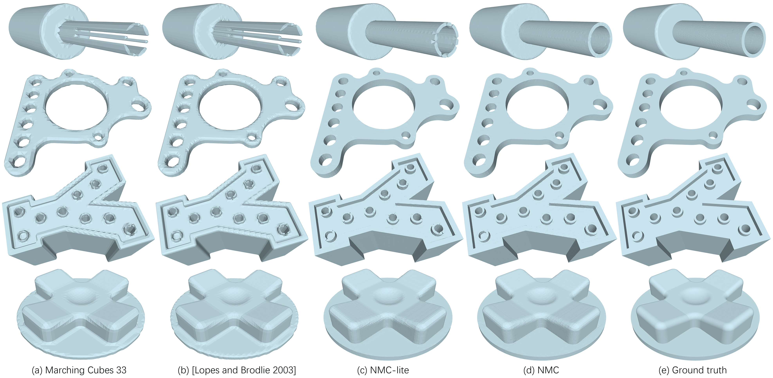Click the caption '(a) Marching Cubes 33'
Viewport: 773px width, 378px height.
coord(79,370)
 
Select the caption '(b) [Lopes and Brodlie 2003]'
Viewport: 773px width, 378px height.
coord(237,370)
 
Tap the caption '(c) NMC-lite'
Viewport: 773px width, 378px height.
coord(383,370)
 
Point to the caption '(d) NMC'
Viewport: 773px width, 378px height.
coord(541,370)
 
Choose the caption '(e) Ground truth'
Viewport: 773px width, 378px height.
coord(693,370)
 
